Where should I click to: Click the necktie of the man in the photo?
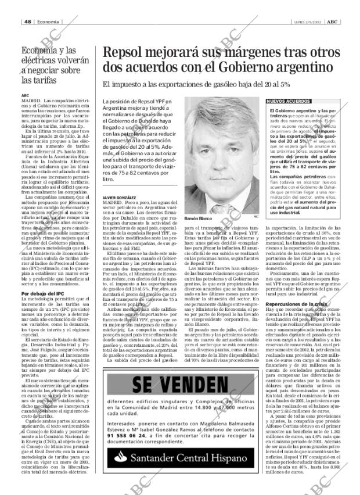[x=223, y=203]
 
